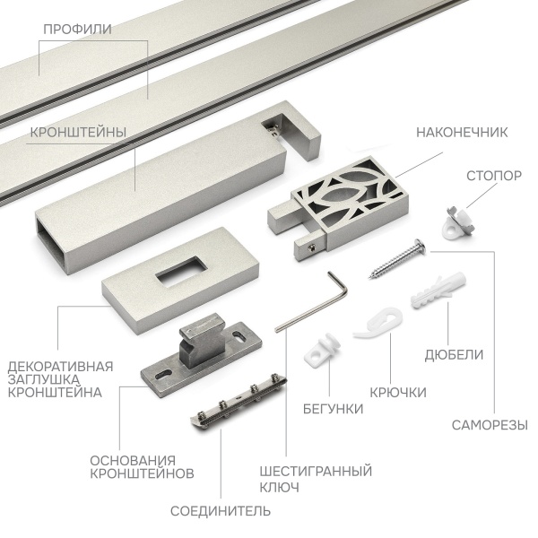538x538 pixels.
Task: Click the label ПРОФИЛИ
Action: pos(77,30)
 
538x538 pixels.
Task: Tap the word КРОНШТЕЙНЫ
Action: pos(78,133)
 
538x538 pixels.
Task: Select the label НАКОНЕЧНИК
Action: pos(462,133)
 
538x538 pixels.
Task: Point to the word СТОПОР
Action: pos(494,176)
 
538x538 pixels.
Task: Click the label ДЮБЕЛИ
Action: pos(454,355)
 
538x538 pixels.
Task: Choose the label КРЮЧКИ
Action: pos(398,392)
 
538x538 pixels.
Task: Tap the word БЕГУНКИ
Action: pos(333,409)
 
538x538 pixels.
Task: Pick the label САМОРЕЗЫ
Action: pos(490,425)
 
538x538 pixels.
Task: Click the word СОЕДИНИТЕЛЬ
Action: pos(221,511)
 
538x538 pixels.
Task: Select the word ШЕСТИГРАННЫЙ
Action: pos(316,471)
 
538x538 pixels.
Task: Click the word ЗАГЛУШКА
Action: pos(44,379)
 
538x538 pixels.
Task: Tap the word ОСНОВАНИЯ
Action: pos(133,461)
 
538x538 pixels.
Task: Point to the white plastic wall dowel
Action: pos(438,290)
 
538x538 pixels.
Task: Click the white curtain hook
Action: pos(379,323)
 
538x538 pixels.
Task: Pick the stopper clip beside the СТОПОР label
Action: pos(458,223)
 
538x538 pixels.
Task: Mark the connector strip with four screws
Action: pos(239,401)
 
